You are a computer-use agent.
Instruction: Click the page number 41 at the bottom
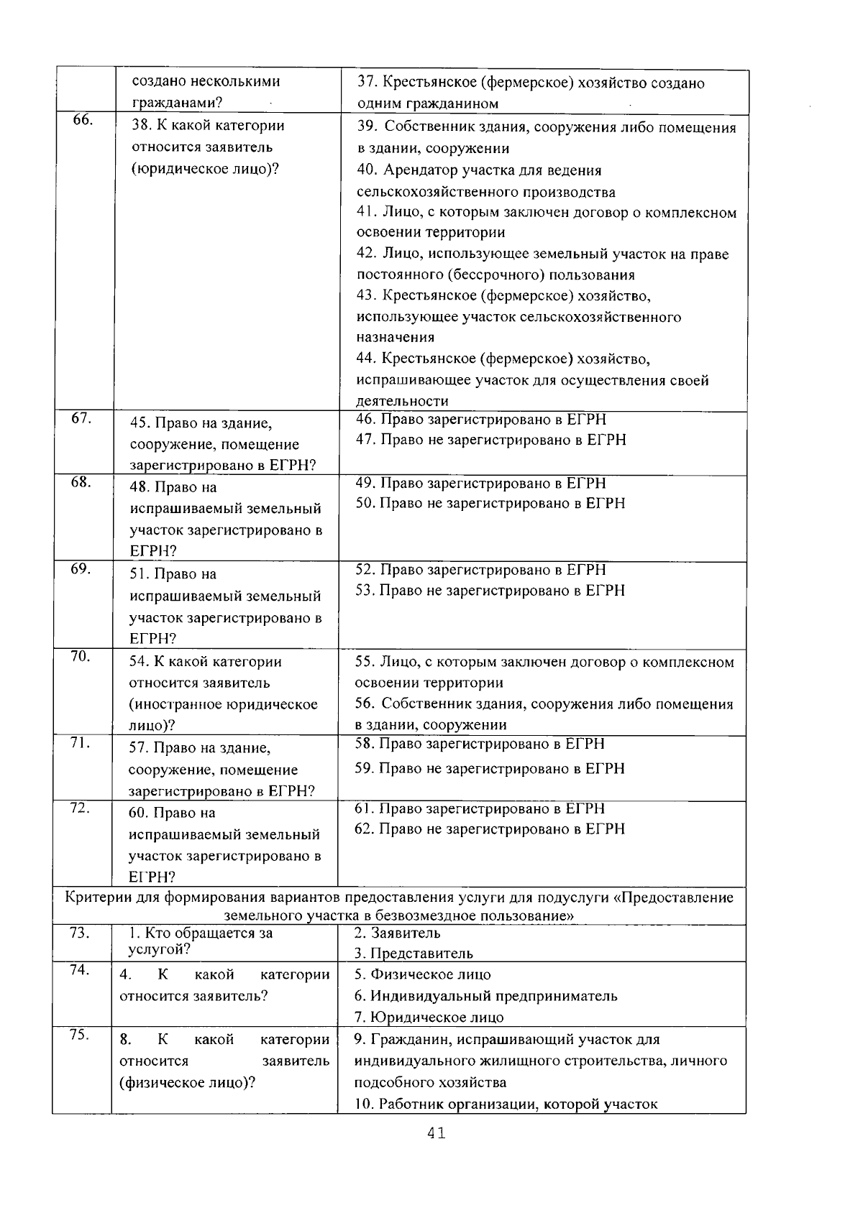(x=436, y=1133)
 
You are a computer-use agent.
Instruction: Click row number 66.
(x=82, y=120)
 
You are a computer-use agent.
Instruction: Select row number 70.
(x=80, y=656)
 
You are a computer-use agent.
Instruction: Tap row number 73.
(x=79, y=933)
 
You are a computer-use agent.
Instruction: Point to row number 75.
(x=79, y=1035)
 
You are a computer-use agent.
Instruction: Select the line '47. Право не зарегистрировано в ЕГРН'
(x=491, y=440)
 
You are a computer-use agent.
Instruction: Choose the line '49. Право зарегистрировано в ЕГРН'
(x=481, y=483)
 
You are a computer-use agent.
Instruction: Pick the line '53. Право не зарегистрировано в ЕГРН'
(x=491, y=590)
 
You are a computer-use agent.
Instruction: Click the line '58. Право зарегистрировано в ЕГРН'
(x=480, y=744)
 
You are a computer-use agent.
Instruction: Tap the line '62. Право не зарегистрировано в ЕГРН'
(x=490, y=829)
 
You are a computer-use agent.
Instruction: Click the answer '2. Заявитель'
(x=398, y=933)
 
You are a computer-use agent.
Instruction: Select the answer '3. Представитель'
(x=414, y=954)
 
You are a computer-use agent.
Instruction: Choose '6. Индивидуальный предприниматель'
(x=486, y=996)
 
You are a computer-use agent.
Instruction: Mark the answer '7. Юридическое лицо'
(x=429, y=1017)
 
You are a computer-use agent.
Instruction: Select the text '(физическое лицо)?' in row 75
(x=187, y=1082)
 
